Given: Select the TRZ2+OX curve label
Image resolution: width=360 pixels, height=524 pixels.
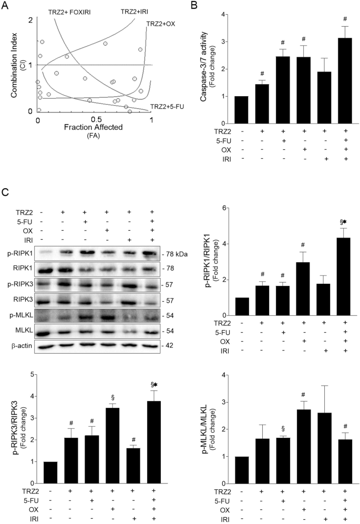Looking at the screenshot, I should [163, 24].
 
